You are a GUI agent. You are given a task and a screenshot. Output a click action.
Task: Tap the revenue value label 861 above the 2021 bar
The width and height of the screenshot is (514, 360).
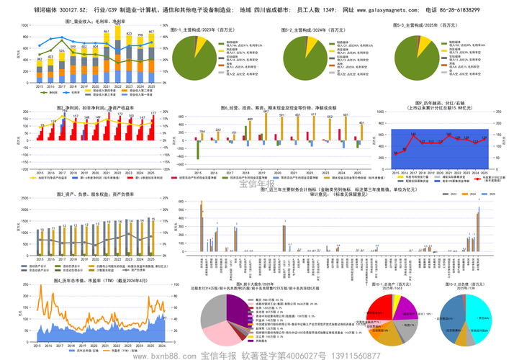coord(107,32)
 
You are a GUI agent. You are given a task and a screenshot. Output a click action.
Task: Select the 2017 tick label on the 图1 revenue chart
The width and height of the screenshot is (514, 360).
coord(62,83)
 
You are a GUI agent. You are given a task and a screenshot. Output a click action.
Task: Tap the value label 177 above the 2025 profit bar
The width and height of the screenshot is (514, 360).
coord(153,114)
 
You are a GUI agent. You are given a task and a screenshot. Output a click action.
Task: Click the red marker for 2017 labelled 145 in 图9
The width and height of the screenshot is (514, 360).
coord(413,135)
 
